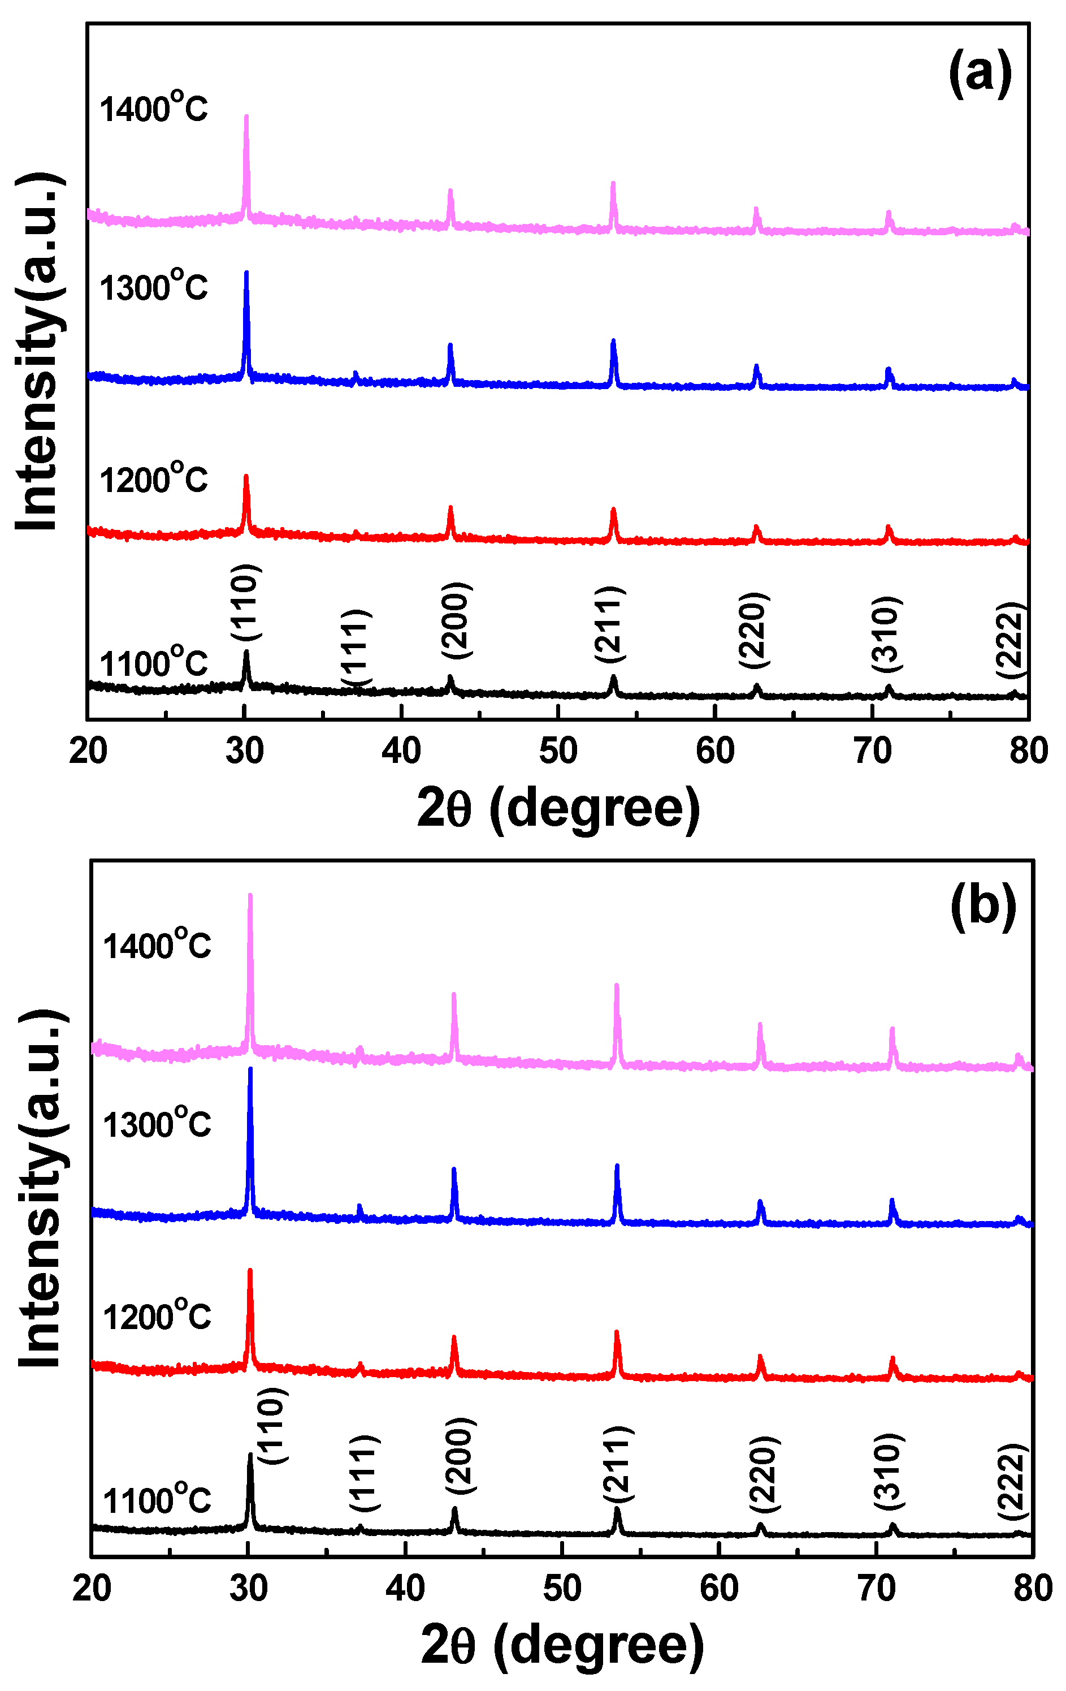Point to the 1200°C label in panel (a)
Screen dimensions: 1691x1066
tap(154, 479)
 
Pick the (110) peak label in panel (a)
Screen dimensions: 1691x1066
tap(246, 602)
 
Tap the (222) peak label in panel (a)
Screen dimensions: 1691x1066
tap(1011, 640)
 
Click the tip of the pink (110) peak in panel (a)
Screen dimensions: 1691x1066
tap(246, 117)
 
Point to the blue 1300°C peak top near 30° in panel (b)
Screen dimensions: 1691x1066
tap(250, 1069)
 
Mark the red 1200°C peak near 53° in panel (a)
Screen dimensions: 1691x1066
tap(613, 511)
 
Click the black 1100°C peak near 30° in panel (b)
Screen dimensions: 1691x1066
tap(250, 1456)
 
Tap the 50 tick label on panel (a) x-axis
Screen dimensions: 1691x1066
tap(558, 752)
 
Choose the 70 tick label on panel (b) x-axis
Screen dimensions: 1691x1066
tap(876, 1589)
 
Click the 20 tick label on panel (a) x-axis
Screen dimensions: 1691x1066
tap(88, 752)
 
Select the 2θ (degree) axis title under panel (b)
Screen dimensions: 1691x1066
tap(561, 1645)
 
